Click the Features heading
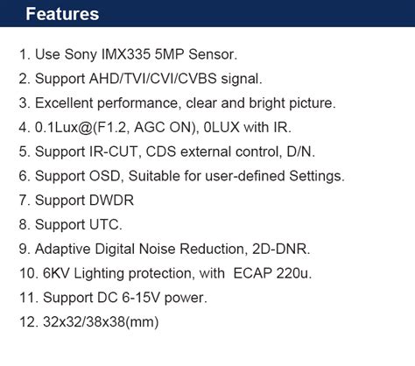[x=62, y=15]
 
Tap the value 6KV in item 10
[x=56, y=273]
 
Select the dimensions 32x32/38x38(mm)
[x=100, y=322]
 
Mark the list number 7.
[x=24, y=201]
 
